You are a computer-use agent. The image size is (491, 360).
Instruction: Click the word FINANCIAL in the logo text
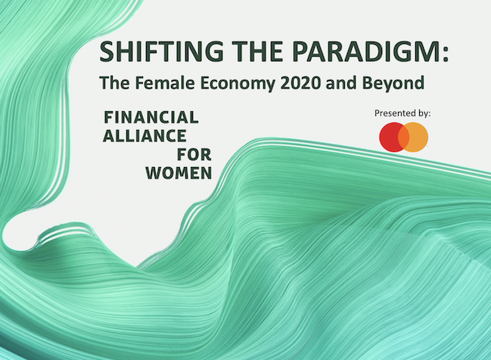point(151,117)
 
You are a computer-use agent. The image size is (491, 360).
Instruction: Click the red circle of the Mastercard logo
point(388,137)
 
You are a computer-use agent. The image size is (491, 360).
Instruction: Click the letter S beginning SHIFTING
point(107,53)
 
